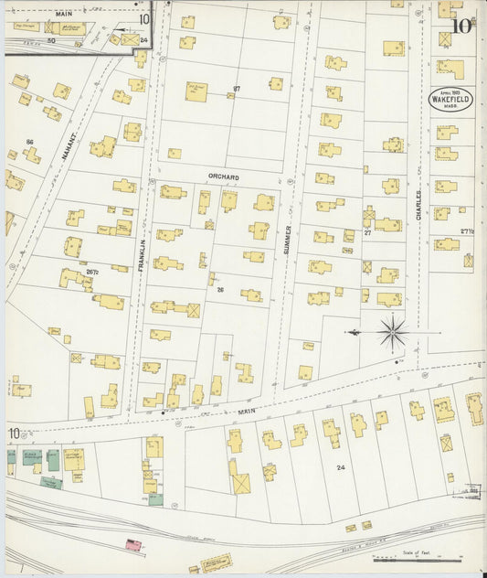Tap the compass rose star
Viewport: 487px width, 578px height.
point(392,331)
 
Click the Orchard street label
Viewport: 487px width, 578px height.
point(223,177)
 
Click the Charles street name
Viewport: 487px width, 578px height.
point(419,199)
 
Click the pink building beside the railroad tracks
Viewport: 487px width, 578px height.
point(133,545)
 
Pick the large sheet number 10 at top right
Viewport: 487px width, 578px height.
point(462,25)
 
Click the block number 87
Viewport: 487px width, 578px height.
point(237,89)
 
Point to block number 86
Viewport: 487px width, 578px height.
point(30,142)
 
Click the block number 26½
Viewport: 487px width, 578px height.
point(91,272)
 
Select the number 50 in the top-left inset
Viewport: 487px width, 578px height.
point(51,40)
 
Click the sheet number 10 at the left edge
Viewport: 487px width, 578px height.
point(14,433)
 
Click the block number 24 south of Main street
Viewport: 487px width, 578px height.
point(341,467)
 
